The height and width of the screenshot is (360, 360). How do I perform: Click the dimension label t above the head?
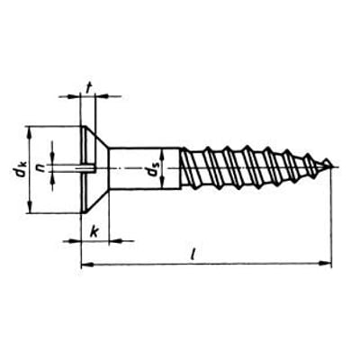tap(88, 88)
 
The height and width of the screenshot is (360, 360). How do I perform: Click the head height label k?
tap(94, 232)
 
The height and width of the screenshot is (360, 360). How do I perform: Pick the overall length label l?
tap(193, 254)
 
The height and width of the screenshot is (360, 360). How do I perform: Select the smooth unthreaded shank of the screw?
tap(144, 168)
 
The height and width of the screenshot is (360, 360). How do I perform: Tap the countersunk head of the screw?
tap(94, 169)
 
